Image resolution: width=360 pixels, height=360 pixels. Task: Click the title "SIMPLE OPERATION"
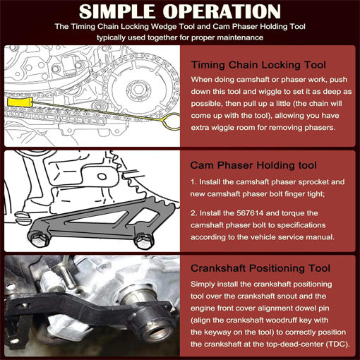pyautogui.click(x=179, y=12)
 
